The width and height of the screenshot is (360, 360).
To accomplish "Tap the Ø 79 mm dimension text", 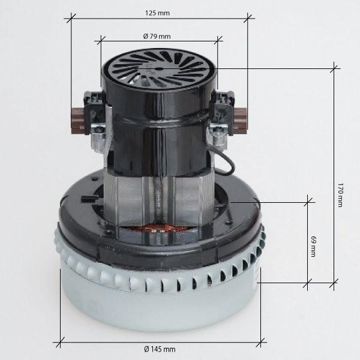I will pyautogui.click(x=158, y=36).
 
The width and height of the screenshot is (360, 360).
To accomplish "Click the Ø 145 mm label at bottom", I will pyautogui.click(x=160, y=349).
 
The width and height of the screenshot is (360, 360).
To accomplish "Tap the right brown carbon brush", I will pyautogui.click(x=241, y=113).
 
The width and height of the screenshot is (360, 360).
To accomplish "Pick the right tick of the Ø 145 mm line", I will pyautogui.click(x=262, y=343).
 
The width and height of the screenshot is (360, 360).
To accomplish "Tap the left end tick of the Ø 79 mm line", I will pyautogui.click(x=98, y=42).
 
